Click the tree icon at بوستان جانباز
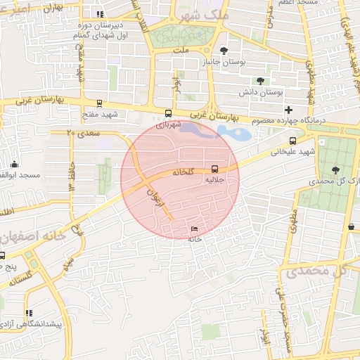[224, 50]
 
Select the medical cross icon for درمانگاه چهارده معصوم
[288, 110]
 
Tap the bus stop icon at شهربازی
[167, 113]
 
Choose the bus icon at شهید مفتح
[99, 103]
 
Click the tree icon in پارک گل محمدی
[334, 169]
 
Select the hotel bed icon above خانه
[195, 229]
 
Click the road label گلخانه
[181, 172]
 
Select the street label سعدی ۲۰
[84, 132]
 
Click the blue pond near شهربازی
[232, 131]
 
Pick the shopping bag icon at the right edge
[351, 226]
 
